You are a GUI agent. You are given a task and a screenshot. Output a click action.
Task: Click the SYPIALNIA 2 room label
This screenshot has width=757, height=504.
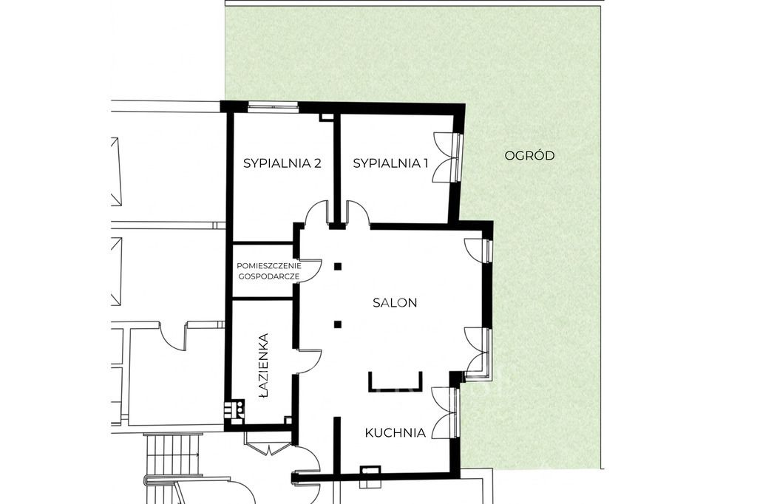(x=282, y=163)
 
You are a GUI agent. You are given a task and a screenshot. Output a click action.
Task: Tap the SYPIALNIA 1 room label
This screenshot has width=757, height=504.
(x=390, y=163)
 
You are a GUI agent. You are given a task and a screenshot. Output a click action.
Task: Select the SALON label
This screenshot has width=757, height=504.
(x=395, y=303)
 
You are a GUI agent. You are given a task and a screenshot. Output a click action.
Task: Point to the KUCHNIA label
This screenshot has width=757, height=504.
(x=395, y=432)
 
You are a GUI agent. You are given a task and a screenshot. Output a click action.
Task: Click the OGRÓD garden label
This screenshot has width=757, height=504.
(x=529, y=155)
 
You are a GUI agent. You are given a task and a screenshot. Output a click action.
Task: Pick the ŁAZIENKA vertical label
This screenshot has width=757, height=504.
(x=263, y=366)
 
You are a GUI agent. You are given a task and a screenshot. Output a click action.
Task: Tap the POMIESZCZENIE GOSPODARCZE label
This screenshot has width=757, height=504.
(x=269, y=271)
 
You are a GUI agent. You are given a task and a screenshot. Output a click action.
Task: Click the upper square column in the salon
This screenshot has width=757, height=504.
(x=338, y=265)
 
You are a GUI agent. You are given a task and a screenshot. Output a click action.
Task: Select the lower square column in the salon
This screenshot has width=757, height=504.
(x=338, y=324)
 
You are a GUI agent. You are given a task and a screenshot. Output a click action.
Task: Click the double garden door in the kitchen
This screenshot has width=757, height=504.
(x=445, y=413)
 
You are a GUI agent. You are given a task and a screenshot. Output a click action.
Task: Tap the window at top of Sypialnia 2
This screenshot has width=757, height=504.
(x=274, y=106)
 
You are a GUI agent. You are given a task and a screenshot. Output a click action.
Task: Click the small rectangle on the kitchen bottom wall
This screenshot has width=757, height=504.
(x=370, y=469)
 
